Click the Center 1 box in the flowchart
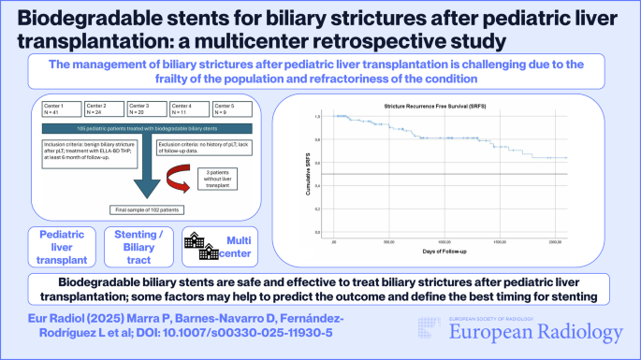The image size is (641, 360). [x=55, y=109]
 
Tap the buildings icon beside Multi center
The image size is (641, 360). [x=197, y=244]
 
